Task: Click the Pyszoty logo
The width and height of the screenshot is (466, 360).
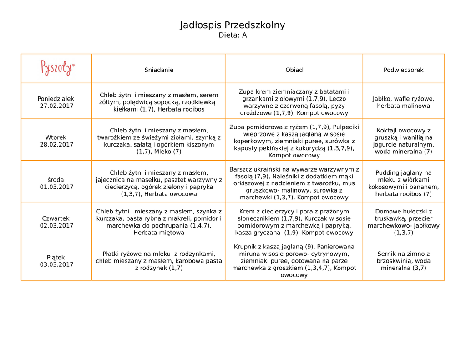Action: click(x=57, y=68)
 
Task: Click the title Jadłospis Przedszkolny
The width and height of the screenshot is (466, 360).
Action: click(x=233, y=25)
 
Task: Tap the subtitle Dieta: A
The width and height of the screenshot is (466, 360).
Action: click(x=233, y=35)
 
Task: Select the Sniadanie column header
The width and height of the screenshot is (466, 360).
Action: click(x=159, y=70)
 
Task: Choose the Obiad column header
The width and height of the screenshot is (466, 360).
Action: click(x=294, y=70)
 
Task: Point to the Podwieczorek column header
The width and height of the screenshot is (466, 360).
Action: click(x=403, y=70)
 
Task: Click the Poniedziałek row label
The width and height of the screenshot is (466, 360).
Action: click(x=56, y=99)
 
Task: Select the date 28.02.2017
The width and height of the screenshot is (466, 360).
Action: click(x=56, y=145)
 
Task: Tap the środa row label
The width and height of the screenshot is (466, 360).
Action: click(x=56, y=180)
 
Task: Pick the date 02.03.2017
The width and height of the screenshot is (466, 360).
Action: click(x=56, y=226)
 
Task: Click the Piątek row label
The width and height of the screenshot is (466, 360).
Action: click(x=56, y=258)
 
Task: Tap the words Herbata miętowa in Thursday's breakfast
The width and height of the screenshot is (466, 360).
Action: click(x=159, y=233)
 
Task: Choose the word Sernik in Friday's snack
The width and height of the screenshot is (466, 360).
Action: click(x=387, y=254)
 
